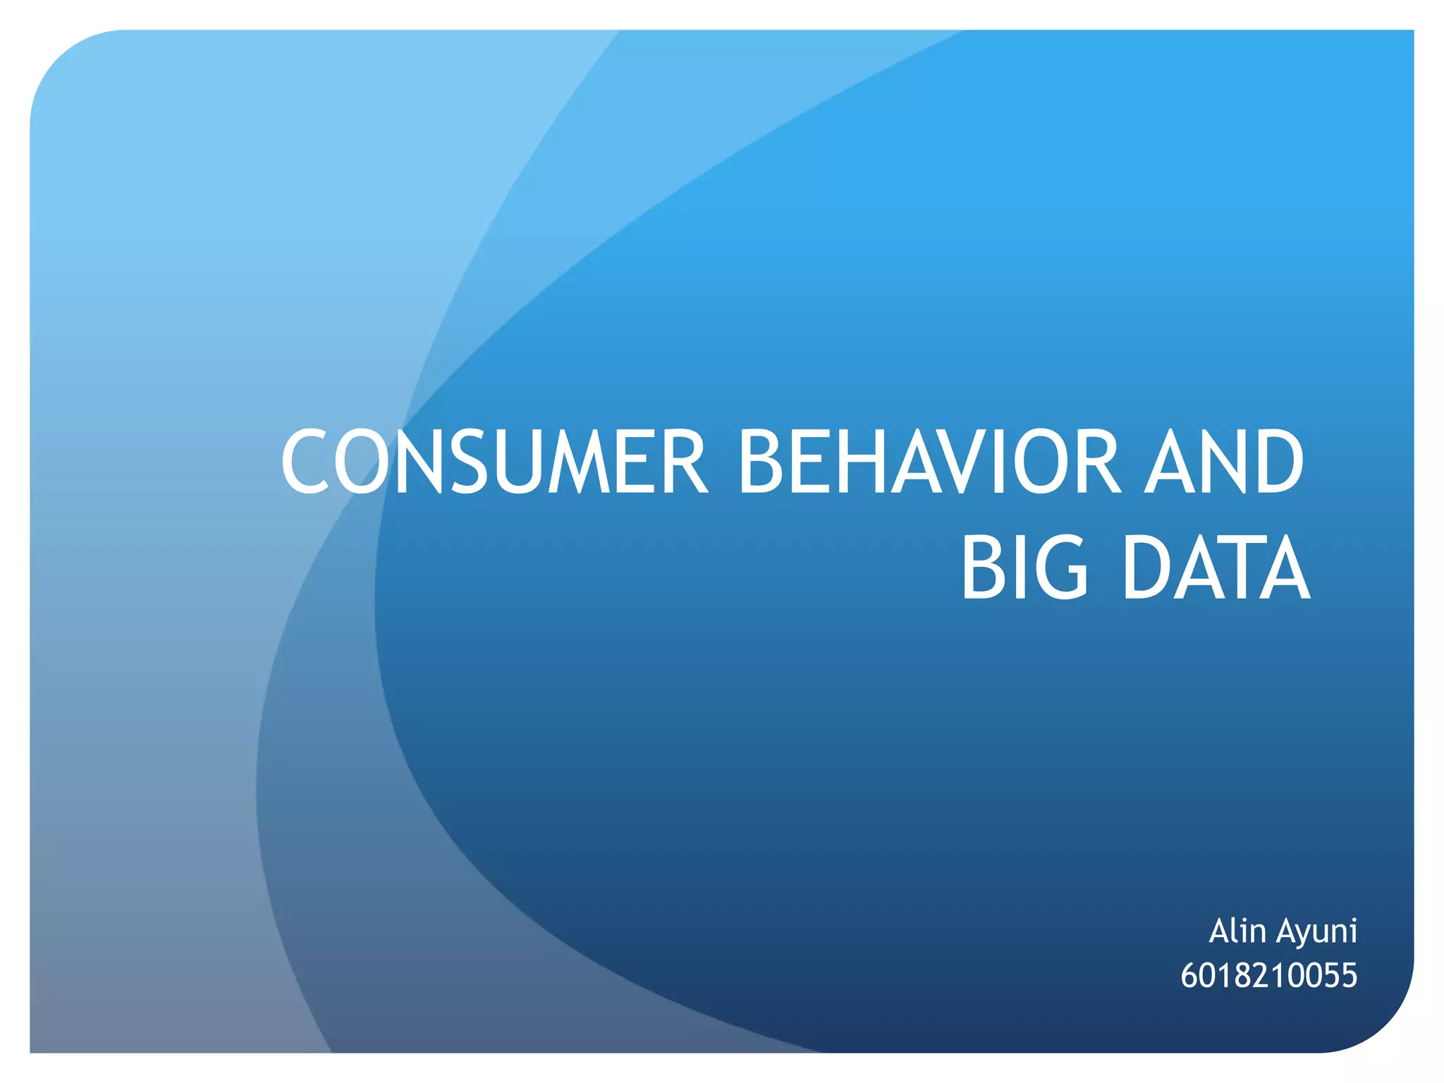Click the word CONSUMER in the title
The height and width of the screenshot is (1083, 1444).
coord(494,463)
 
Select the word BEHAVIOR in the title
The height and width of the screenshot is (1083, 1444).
coord(928,463)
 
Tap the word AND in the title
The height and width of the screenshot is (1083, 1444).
coord(1224,463)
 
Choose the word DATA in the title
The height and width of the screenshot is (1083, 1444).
coord(1216,568)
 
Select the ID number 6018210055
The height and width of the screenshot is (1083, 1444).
coord(1268,976)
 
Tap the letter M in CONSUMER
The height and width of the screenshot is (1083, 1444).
coord(580,463)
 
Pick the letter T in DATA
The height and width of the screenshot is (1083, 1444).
coord(1237,568)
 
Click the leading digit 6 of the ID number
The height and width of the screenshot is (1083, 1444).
coord(1189,976)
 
